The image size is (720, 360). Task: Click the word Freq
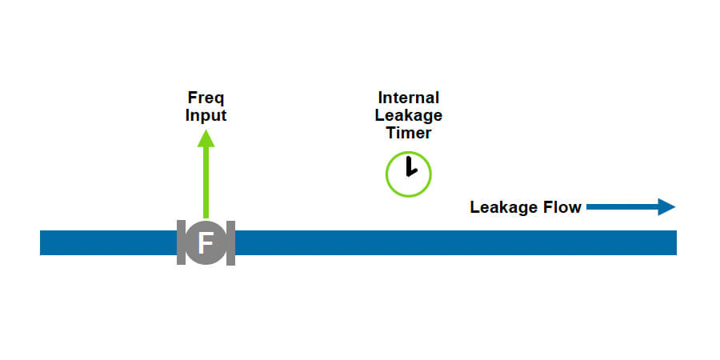point(206,98)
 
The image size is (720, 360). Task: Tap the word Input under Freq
point(206,115)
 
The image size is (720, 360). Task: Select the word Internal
point(408,98)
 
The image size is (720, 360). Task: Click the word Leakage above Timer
point(408,115)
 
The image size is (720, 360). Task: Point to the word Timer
point(408,133)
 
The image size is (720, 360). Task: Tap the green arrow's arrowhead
point(206,140)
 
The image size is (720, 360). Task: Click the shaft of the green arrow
point(206,184)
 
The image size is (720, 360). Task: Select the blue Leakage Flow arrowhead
point(666,207)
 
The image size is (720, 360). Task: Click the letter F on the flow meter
point(206,242)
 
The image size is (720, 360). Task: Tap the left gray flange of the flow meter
point(181,242)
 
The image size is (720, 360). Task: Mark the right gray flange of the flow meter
point(230,242)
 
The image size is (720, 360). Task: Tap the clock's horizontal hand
point(412,173)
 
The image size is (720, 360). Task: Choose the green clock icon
point(408,174)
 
